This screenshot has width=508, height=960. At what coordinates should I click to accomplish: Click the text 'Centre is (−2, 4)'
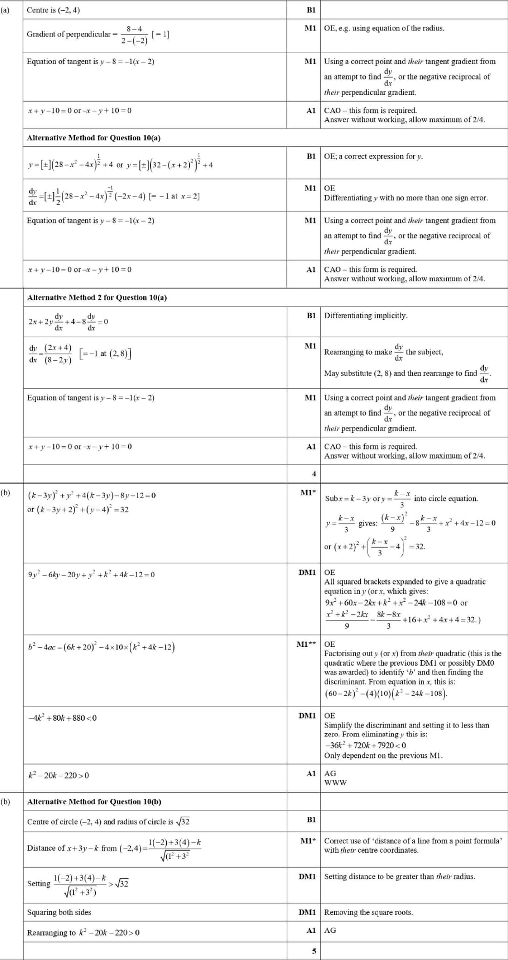(53, 10)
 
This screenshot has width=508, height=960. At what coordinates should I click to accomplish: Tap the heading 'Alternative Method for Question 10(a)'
(94, 138)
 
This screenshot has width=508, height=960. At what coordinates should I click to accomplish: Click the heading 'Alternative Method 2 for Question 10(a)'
(97, 298)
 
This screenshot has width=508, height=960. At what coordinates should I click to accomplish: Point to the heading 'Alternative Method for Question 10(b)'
(94, 802)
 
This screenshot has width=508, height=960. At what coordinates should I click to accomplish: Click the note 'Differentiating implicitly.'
(366, 316)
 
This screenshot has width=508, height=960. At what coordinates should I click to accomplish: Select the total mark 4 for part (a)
(314, 474)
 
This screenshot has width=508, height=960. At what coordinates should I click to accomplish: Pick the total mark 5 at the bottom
(314, 951)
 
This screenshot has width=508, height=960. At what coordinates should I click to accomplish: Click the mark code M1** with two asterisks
(306, 644)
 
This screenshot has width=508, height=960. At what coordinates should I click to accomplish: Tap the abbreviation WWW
(335, 783)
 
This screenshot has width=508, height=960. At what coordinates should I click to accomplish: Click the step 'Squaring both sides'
(59, 912)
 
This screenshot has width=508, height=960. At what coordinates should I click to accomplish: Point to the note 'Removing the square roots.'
(369, 912)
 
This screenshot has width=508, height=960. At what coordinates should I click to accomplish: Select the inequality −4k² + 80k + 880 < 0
(62, 718)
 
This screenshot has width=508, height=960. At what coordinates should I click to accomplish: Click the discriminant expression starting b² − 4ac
(101, 647)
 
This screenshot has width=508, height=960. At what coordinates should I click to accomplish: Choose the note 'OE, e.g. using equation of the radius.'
(384, 28)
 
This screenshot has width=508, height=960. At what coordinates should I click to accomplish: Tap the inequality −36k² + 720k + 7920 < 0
(365, 745)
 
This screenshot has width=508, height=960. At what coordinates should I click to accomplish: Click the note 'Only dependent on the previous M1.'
(383, 755)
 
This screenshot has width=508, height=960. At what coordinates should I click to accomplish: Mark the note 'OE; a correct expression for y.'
(373, 156)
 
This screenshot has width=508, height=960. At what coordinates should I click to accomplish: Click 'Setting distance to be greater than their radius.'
(399, 876)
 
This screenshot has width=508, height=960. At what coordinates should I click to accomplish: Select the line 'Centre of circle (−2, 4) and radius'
(108, 821)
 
